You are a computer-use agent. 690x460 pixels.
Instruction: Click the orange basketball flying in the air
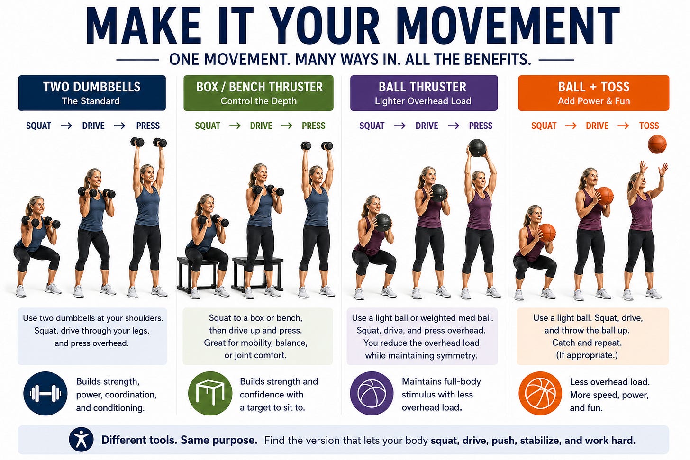pos(657,144)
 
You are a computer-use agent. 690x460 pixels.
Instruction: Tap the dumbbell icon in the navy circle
pos(45,393)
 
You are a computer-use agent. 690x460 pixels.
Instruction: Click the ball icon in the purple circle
pos(372,393)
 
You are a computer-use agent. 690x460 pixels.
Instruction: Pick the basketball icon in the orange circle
pos(540,393)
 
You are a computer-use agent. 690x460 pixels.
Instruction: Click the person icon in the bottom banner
pos(81,439)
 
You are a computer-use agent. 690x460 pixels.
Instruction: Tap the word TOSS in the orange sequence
pos(649,126)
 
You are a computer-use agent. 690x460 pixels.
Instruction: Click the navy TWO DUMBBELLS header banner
pos(92,93)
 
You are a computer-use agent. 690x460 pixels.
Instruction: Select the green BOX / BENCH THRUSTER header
pos(258,93)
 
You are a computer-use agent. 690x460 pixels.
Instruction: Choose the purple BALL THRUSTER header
pos(424,93)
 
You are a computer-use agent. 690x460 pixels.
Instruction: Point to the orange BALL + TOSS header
pos(594,93)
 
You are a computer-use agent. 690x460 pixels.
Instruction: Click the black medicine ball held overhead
pos(477,148)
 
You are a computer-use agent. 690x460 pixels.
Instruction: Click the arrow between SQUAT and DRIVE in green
pos(235,126)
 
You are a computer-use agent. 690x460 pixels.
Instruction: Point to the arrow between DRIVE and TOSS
pos(623,126)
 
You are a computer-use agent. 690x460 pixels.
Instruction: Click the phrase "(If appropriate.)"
pos(587,355)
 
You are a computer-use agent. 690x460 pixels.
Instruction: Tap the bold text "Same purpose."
pos(219,440)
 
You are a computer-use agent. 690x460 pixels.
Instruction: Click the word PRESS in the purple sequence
pos(481,126)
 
